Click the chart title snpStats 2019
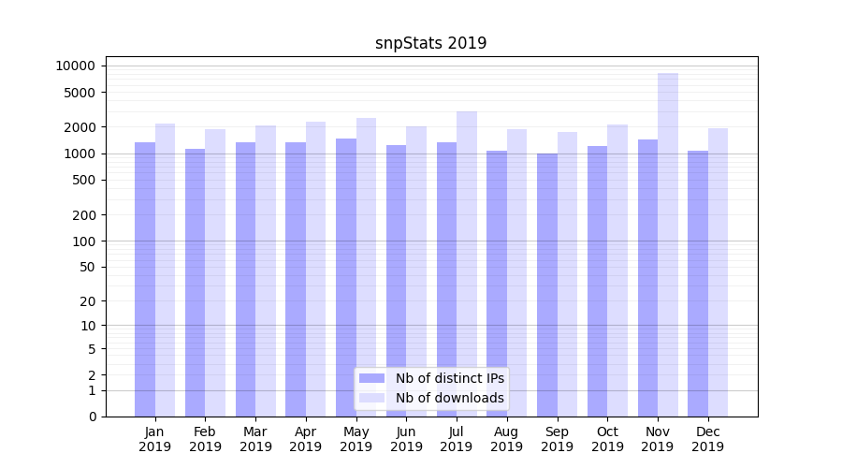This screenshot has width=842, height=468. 430,43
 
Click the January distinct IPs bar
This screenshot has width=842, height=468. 145,279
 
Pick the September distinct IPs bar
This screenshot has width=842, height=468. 547,285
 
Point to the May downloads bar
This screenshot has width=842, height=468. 366,267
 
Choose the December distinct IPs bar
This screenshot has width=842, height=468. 698,283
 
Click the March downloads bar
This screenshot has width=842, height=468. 266,271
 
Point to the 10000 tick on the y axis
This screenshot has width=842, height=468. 76,66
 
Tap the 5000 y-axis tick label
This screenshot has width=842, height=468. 80,93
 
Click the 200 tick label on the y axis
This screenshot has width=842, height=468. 83,215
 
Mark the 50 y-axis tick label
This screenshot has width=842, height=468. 87,267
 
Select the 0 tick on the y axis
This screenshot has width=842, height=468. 92,417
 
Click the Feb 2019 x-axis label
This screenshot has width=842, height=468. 205,439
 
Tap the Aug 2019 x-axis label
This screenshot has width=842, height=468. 507,439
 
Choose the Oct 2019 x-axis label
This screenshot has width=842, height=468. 607,439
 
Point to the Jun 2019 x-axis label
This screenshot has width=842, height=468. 406,439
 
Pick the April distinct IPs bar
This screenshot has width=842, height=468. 296,279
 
